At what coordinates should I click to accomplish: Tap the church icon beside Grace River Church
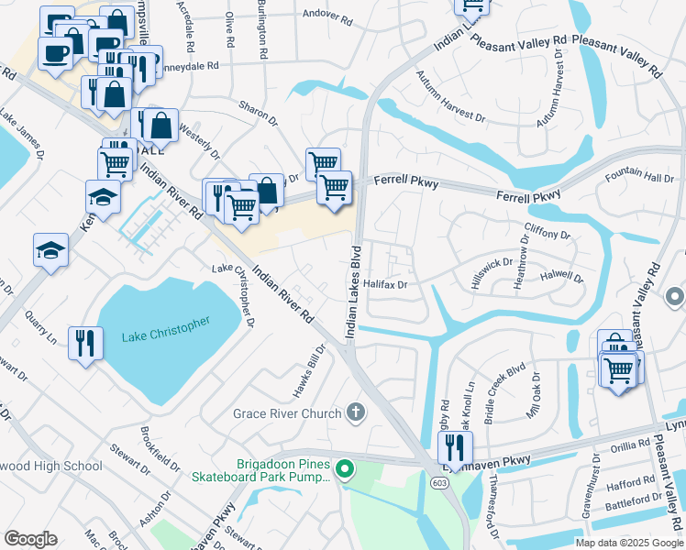pos(356,413)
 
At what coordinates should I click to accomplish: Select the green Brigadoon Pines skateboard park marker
pos(345,471)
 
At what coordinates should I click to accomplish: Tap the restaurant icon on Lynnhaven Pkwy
pos(454,449)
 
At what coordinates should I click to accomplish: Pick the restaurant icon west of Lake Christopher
pos(85,343)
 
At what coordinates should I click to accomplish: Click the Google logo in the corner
pos(30,539)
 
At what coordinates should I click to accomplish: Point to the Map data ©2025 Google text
pos(628,543)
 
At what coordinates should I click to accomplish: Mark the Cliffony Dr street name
pos(547,236)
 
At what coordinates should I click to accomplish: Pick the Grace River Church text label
pos(287,413)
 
